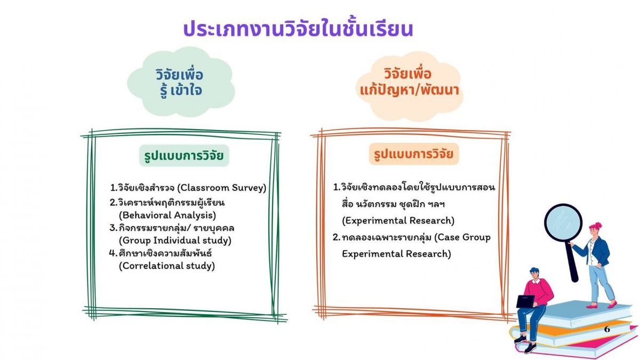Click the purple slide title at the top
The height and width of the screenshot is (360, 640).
coord(298,29)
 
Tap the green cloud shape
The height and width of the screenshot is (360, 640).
coord(181,82)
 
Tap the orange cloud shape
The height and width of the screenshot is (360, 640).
coord(409,86)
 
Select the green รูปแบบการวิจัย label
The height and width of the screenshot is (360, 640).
coord(184,155)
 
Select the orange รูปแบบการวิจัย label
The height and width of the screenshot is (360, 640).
coord(414,154)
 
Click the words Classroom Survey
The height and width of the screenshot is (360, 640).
coord(222,188)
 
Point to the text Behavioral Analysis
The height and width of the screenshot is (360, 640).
coord(167,215)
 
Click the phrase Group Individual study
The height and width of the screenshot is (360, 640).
coord(175,241)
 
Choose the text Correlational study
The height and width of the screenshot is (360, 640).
coord(167,266)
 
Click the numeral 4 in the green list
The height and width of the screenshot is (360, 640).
coord(113,253)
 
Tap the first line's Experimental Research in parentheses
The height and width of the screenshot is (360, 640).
coord(398,221)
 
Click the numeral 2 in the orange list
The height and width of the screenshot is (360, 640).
coord(335,237)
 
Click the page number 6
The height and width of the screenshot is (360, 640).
coord(607,330)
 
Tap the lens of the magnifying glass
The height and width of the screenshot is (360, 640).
coord(563,223)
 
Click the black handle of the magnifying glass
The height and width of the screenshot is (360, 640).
coord(572,261)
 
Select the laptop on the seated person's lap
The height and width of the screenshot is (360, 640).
coord(526,302)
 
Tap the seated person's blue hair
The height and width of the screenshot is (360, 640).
coord(534,271)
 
